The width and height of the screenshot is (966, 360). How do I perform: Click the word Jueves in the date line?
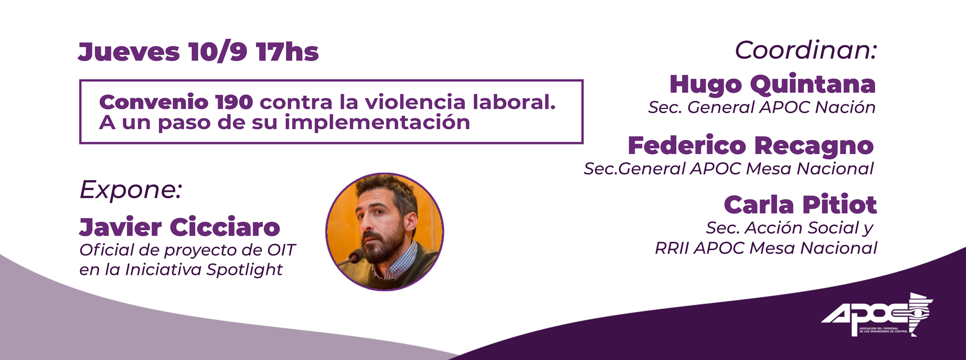coord(128,52)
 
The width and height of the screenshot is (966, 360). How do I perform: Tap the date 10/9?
coord(218,52)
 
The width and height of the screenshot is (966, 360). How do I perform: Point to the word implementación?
coord(377,123)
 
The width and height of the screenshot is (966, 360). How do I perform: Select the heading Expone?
coord(130,189)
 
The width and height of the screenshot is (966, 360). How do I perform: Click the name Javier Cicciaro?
coord(180,227)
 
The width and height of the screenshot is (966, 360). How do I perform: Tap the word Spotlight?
coord(244,270)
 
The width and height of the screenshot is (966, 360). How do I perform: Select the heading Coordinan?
coord(806,50)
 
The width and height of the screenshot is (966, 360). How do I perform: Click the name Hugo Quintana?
coord(772,85)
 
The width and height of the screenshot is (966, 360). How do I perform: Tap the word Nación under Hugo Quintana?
coord(845,107)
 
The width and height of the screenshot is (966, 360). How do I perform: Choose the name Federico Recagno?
coord(751,146)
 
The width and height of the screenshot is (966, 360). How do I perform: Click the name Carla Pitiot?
coord(800,205)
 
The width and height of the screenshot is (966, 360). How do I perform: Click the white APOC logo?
coord(877,315)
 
